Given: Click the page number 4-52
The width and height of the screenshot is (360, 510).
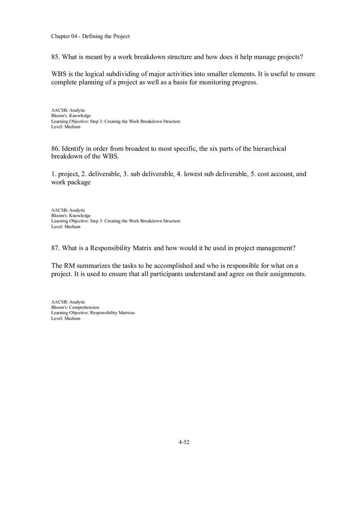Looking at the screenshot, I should click(184, 442).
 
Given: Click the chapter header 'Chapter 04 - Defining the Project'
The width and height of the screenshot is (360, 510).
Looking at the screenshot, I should click(90, 36).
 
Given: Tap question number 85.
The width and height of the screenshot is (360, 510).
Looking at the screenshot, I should click(55, 57).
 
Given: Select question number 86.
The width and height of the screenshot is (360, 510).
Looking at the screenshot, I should click(55, 148).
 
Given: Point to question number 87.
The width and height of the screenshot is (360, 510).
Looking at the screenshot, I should click(55, 248).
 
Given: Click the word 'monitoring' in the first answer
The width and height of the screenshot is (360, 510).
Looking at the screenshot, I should click(214, 82).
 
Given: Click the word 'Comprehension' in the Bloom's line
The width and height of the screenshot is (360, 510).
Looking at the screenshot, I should click(84, 307).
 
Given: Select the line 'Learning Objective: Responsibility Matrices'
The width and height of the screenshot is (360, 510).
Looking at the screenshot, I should click(93, 312).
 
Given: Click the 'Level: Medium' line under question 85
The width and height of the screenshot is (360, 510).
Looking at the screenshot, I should click(65, 127).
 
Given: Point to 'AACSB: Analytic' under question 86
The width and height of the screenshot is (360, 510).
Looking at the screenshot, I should click(68, 210).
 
